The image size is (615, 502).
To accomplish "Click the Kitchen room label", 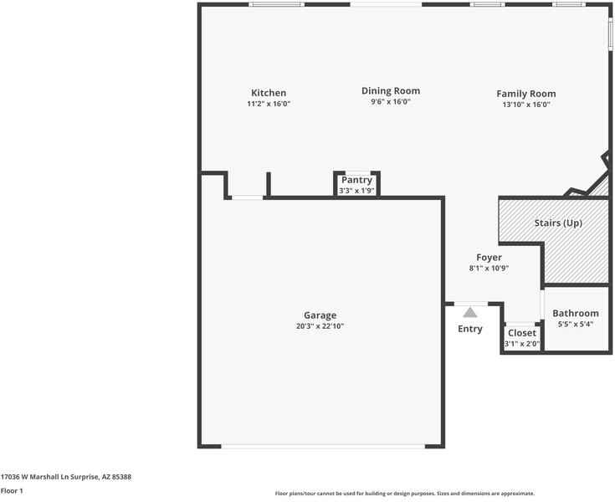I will [269, 93].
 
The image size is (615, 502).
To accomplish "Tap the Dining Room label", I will [391, 90].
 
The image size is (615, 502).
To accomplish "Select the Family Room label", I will [525, 94].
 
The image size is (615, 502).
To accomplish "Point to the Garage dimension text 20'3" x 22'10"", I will [320, 326].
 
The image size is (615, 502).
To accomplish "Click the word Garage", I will [320, 315].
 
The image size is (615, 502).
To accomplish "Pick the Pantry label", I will [356, 180].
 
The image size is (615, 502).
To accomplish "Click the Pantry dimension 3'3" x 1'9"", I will [356, 191].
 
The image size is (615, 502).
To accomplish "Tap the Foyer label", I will [489, 258].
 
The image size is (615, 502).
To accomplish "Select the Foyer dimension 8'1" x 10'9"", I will [489, 269].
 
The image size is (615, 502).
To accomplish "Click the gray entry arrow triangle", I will [470, 312].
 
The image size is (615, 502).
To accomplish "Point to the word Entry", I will [470, 329].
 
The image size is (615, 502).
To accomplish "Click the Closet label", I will [522, 333].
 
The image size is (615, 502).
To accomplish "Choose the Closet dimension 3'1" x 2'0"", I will [522, 344].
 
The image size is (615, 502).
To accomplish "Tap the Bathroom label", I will [576, 313].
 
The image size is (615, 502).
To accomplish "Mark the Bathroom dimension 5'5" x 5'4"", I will [576, 324].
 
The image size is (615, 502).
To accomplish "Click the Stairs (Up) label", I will [558, 223].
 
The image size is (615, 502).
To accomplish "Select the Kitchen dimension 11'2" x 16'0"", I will [269, 104].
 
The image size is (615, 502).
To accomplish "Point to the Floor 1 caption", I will [12, 491].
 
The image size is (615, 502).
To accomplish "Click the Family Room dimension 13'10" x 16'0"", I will [525, 105].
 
